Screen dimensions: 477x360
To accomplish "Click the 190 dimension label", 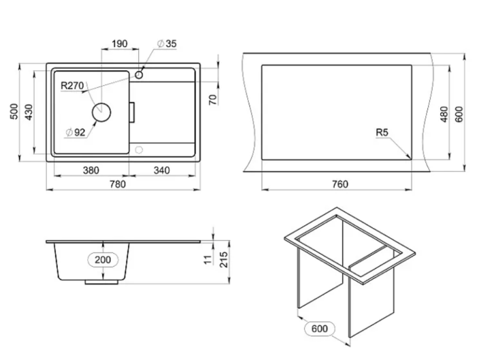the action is click(x=119, y=44).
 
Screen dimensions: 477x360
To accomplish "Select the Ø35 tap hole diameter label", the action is click(x=167, y=44).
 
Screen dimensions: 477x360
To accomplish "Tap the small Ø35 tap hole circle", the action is click(x=139, y=74).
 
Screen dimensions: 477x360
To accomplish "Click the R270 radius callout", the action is click(x=72, y=86).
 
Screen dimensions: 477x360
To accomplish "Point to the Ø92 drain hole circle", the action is click(x=102, y=112).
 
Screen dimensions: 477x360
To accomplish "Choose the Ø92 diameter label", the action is click(x=76, y=132).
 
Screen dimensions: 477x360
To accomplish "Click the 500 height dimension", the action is click(x=14, y=111).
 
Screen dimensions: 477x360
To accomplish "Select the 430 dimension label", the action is click(x=29, y=112).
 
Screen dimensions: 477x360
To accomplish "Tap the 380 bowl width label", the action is click(x=91, y=170).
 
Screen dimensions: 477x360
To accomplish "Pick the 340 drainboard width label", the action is click(x=161, y=170).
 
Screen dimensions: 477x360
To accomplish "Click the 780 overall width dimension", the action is click(x=117, y=184).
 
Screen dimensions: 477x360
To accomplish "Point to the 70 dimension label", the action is click(x=214, y=100).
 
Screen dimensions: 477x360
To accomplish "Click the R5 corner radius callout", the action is click(x=382, y=133).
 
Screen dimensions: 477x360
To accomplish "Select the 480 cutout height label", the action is click(x=444, y=114).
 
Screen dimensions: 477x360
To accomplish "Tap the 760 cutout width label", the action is click(x=340, y=184).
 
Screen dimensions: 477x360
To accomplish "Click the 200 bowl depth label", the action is click(x=103, y=260).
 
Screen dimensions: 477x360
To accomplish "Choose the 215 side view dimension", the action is click(x=224, y=260).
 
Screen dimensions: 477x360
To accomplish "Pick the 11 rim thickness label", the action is click(x=208, y=260).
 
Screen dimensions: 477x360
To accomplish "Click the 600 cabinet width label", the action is click(x=320, y=329).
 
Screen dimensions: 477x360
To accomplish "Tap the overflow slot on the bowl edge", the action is click(x=132, y=112).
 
